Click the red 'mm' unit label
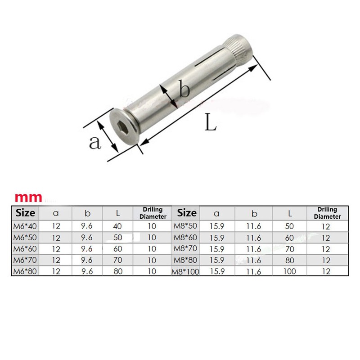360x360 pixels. [29, 197]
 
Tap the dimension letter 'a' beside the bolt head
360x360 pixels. [94, 143]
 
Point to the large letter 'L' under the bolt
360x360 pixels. [210, 122]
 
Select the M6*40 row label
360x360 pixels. [25, 226]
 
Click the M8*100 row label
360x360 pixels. [185, 272]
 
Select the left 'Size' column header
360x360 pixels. [26, 212]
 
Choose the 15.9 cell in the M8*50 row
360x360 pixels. [216, 226]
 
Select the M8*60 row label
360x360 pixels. [185, 238]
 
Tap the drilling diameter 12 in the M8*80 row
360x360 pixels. [327, 261]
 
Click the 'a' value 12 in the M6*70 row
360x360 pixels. [56, 260]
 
